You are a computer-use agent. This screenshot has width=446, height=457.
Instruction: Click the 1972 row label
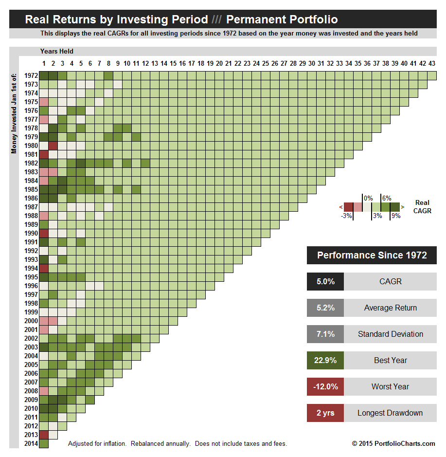click(31, 75)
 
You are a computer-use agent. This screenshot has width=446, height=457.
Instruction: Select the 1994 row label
click(31, 268)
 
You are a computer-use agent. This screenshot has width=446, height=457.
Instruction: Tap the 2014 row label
click(31, 443)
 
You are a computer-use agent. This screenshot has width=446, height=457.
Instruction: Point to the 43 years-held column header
click(431, 63)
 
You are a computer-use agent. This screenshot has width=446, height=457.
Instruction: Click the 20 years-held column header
click(219, 63)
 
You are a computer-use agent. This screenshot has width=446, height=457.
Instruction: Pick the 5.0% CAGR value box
click(325, 282)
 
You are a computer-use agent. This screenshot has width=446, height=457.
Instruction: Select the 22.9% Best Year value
click(325, 361)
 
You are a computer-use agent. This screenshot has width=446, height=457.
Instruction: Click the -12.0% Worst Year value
click(325, 387)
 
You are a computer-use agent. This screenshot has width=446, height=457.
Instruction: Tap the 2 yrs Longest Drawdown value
click(325, 413)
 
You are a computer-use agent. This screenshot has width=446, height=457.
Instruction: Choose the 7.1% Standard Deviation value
click(325, 334)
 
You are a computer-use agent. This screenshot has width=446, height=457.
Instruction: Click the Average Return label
click(390, 308)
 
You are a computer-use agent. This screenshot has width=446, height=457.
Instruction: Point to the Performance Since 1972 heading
click(372, 255)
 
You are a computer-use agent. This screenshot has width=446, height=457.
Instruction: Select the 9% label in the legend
click(395, 216)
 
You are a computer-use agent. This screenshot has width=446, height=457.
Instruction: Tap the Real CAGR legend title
click(423, 207)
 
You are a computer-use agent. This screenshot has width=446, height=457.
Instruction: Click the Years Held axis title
click(57, 52)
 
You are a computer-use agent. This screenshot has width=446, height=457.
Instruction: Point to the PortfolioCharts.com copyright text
click(393, 443)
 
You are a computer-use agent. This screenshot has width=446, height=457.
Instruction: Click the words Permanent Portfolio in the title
click(282, 20)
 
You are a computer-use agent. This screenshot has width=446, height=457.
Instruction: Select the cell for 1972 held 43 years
click(432, 75)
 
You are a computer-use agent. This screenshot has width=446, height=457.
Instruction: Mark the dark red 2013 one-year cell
click(44, 435)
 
